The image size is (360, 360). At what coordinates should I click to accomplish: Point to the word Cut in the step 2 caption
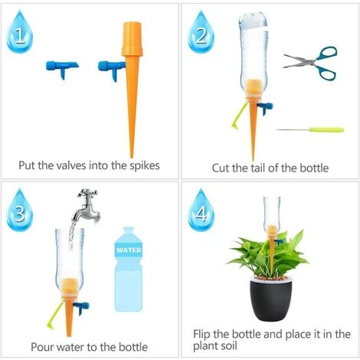[222, 167]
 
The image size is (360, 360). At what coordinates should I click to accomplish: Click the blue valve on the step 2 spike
[264, 108]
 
